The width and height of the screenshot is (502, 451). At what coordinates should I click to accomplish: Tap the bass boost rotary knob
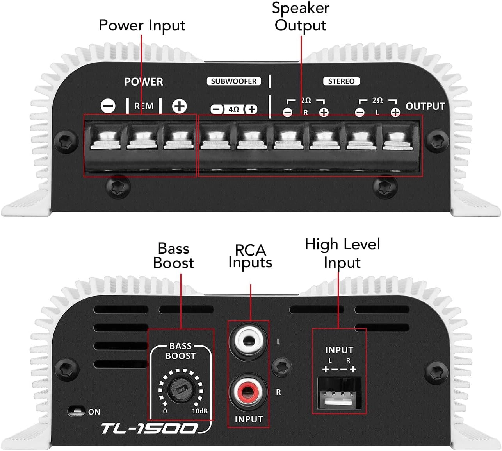pos(181,389)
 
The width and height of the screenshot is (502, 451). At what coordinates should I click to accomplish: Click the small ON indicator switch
pos(77,411)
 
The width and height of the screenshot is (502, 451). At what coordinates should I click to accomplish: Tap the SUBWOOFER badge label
pos(233,81)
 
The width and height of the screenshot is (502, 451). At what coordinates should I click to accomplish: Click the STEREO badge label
pos(341,81)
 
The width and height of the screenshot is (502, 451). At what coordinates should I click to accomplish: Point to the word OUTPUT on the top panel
pos(425,106)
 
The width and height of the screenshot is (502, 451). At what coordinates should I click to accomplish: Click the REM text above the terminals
pos(144,106)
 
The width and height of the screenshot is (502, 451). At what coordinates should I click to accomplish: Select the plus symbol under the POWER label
pos(180,106)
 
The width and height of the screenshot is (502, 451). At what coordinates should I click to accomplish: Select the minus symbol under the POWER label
pos(108,106)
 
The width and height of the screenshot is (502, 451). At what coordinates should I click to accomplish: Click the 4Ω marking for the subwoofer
pos(234,109)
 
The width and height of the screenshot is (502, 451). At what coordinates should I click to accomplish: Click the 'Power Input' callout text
pos(142,25)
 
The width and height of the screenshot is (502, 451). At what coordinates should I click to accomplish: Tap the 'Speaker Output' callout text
pos(301,16)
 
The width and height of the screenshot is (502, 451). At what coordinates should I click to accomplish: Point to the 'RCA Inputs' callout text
pos(250,256)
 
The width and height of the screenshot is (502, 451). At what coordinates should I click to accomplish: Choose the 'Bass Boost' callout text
pos(173,256)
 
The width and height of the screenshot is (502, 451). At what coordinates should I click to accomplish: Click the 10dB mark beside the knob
pos(199,411)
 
